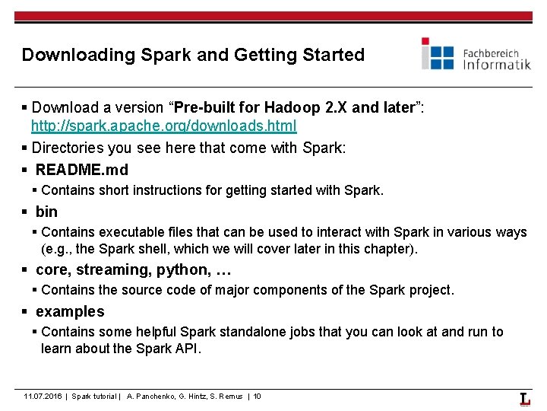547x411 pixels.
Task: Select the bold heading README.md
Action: (82, 170)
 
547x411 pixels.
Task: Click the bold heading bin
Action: (46, 212)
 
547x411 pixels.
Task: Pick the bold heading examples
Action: (70, 311)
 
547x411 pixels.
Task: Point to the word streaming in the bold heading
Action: (111, 269)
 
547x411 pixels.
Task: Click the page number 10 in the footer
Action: (257, 397)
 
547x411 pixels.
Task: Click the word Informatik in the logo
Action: (497, 65)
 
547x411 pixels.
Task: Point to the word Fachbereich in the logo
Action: (491, 53)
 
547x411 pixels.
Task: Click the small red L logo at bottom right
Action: (525, 399)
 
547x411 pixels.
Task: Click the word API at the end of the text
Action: (189, 348)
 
